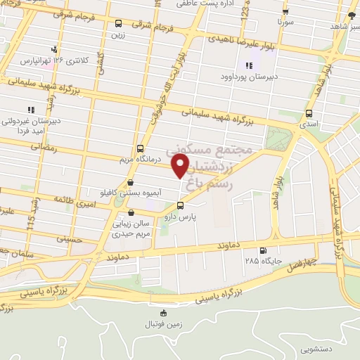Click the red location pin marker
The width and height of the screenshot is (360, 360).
pyautogui.click(x=181, y=167)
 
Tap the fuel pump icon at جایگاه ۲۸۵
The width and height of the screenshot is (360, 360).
pyautogui.click(x=264, y=250)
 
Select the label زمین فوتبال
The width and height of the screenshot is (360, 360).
pyautogui.click(x=164, y=323)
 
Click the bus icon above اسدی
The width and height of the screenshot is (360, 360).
pyautogui.click(x=309, y=114)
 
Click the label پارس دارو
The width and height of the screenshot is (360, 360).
pyautogui.click(x=180, y=217)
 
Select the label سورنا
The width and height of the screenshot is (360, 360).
pyautogui.click(x=285, y=22)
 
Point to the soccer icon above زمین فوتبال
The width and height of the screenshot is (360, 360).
pyautogui.click(x=164, y=313)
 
